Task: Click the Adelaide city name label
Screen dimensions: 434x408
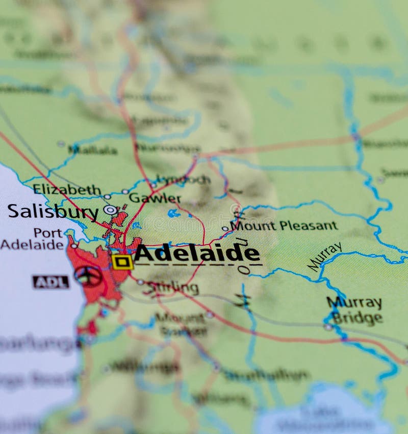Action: [x=197, y=254]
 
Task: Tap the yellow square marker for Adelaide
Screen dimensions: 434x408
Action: [x=122, y=262]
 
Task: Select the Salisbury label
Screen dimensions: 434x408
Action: [x=53, y=211]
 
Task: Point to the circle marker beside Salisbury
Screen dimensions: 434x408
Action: [x=110, y=209]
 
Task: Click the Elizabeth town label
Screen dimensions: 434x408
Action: [x=67, y=190]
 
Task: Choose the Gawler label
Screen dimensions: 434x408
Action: [x=155, y=198]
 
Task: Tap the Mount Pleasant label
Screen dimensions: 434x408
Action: [x=284, y=226]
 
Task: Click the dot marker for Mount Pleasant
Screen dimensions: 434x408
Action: [x=224, y=229]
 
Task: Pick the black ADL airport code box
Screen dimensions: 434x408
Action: [x=50, y=282]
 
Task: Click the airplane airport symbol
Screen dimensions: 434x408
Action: [x=88, y=276]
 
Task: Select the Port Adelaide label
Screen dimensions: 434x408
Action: [x=32, y=239]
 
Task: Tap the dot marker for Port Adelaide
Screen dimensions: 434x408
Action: [x=74, y=246]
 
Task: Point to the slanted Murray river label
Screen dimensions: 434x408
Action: [x=325, y=256]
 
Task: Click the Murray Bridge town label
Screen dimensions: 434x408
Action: [x=355, y=310]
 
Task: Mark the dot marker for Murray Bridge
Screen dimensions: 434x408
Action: [x=328, y=327]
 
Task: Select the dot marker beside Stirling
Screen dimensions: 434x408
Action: [x=140, y=282]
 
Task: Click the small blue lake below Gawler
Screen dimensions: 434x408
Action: [x=173, y=213]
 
